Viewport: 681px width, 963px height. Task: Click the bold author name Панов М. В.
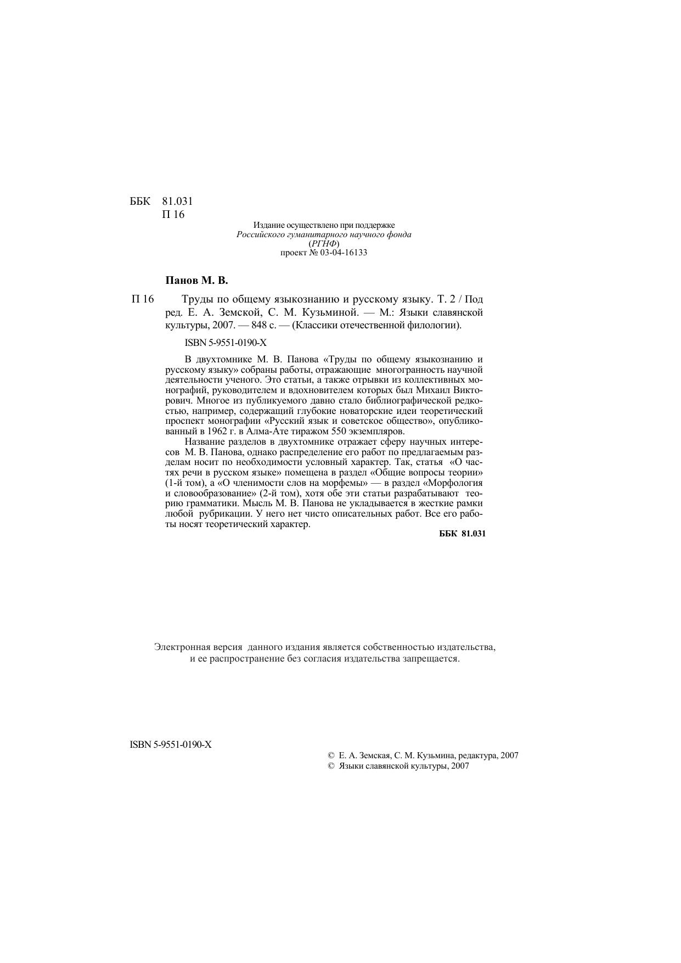196,281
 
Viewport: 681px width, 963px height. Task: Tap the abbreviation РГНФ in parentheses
324,243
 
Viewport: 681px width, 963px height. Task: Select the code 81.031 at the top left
177,201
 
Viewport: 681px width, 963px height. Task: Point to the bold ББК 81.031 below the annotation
463,534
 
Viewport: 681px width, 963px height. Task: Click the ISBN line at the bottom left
171,744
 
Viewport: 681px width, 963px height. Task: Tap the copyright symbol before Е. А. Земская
331,755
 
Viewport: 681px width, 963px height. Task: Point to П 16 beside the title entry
143,299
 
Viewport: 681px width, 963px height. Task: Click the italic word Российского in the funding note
258,234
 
